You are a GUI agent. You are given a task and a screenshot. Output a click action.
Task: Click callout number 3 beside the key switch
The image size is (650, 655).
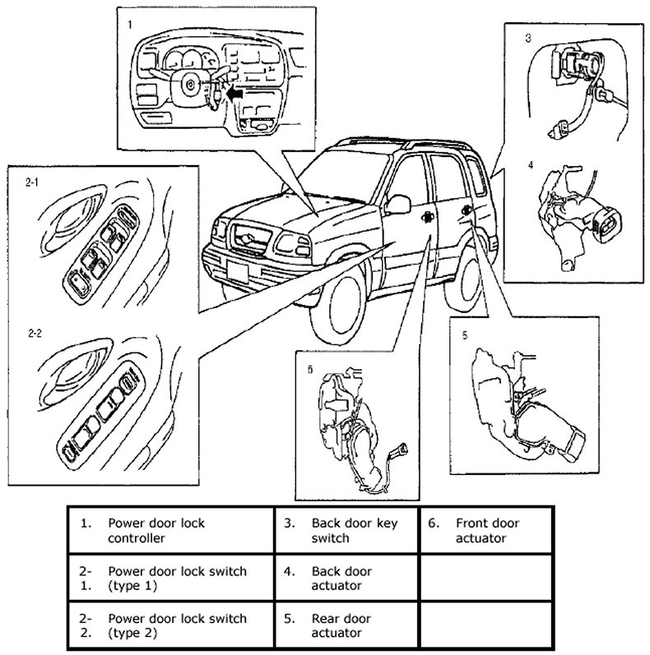(529, 38)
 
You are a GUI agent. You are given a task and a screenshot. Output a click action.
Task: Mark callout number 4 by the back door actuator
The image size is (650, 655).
(531, 164)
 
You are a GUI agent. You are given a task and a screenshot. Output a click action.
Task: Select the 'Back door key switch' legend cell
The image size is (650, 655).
(343, 531)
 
